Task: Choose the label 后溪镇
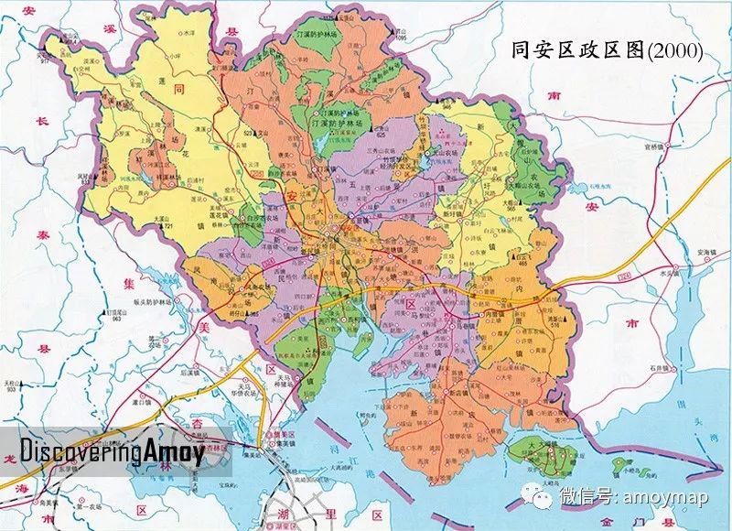click(190, 374)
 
